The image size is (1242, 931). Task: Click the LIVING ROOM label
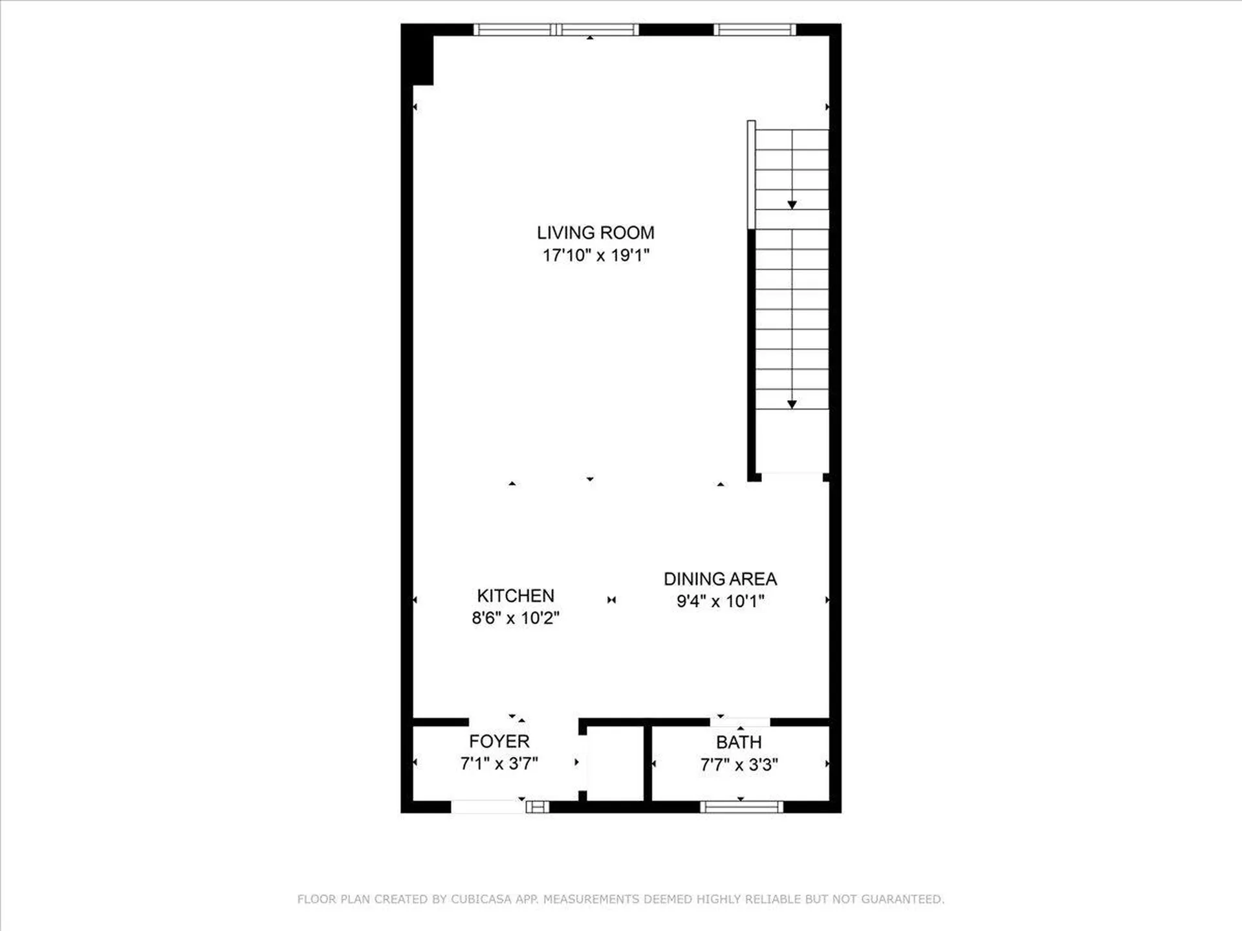tap(595, 233)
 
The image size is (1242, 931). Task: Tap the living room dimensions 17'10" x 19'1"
tap(595, 255)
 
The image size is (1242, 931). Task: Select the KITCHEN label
tap(516, 595)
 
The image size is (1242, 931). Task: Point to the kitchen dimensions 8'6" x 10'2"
tap(516, 618)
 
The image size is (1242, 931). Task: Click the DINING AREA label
tap(720, 579)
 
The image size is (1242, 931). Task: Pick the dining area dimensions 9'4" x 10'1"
tap(720, 601)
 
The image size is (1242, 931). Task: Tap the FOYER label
tap(499, 741)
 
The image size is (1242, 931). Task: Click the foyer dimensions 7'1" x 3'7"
tap(499, 764)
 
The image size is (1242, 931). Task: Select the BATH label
tap(739, 742)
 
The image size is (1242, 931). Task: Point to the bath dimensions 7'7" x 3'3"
tap(739, 765)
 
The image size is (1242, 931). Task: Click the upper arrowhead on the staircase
tap(792, 205)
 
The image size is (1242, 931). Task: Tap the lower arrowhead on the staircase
tap(792, 404)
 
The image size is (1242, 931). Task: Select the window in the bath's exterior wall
tap(741, 806)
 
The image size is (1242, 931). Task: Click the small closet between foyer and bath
tap(615, 763)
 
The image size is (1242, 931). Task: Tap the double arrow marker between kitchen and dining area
tap(611, 600)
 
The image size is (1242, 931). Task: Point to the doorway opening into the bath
tap(740, 722)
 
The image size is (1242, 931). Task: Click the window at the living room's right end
tap(754, 30)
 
